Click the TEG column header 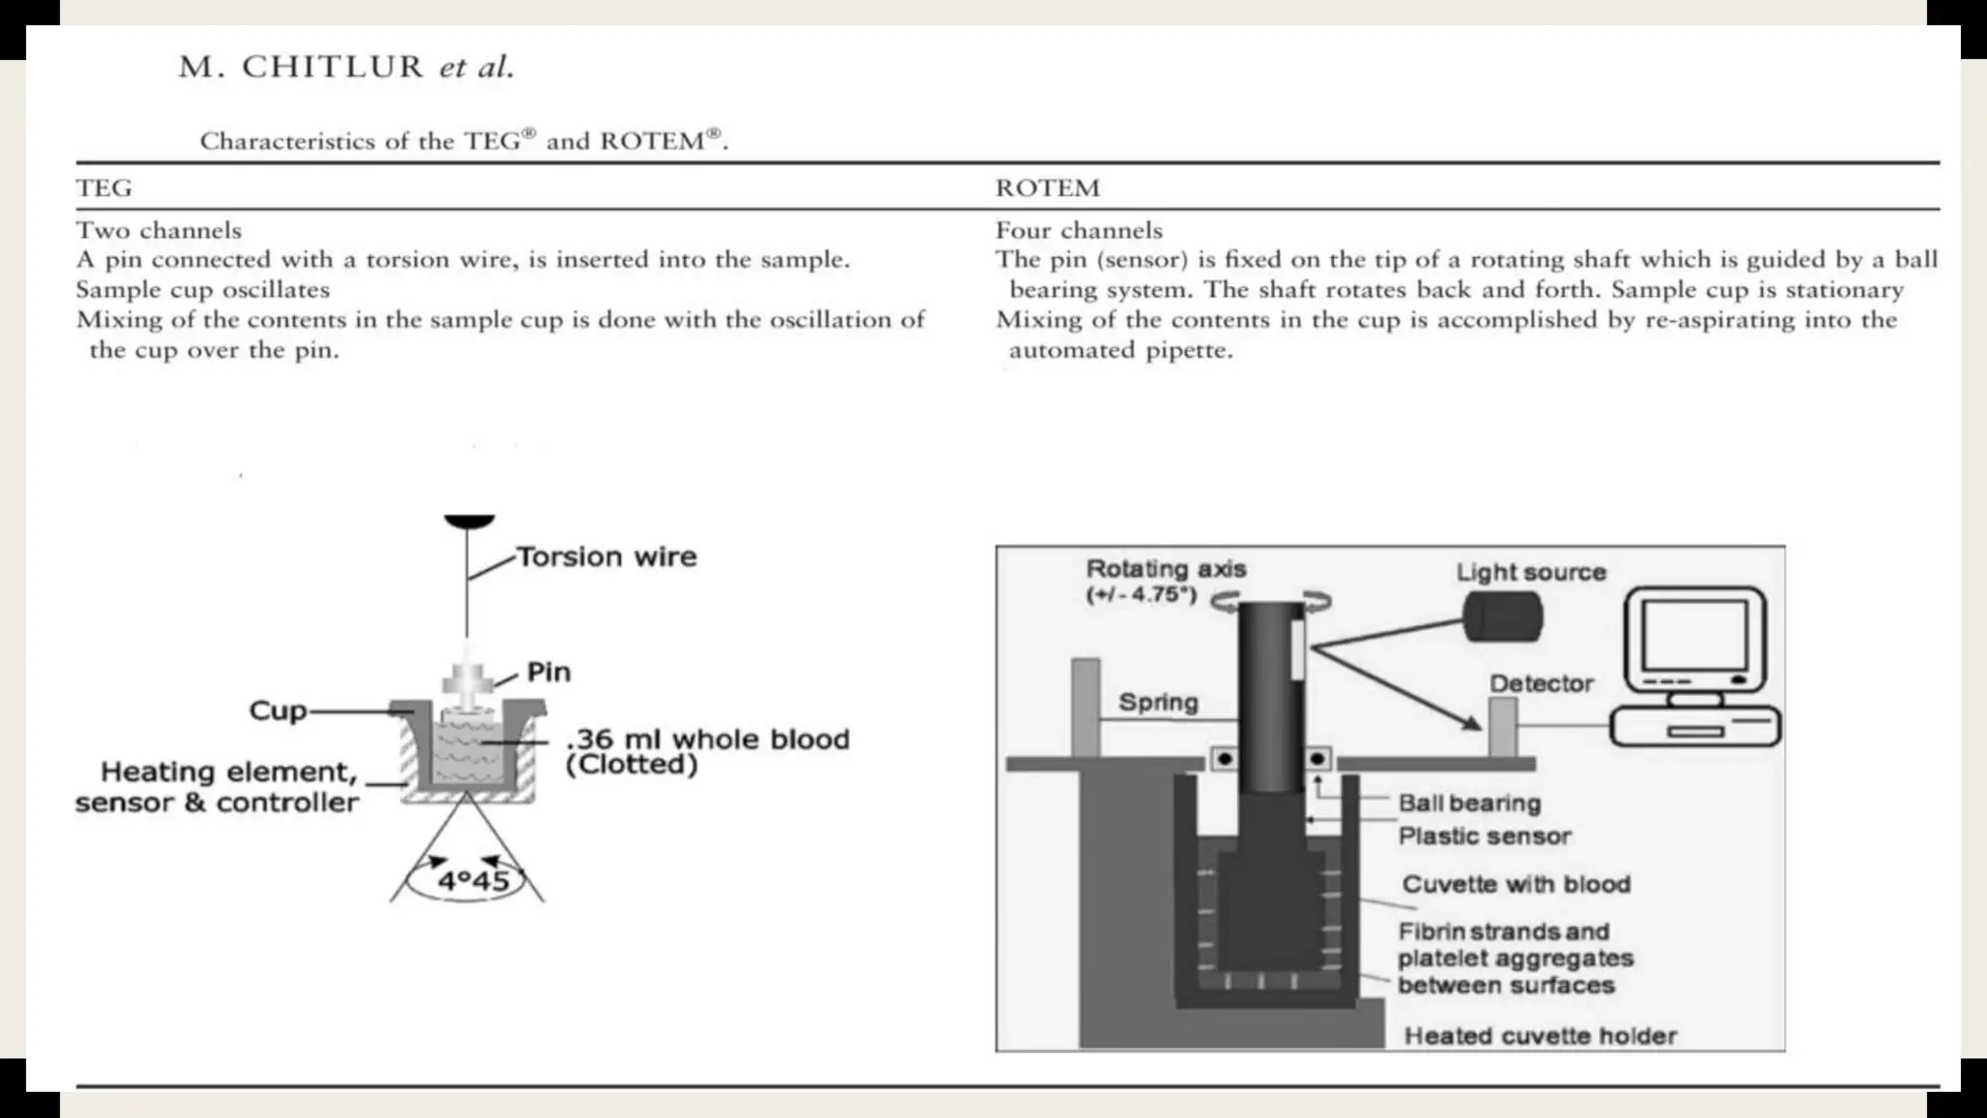coord(104,188)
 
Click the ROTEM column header coord(1048,188)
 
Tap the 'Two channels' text coord(159,231)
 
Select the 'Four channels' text coord(1079,231)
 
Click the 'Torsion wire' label coord(606,557)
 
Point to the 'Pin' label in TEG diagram coord(548,673)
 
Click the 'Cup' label coord(277,710)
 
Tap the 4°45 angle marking coord(473,881)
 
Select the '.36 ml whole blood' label coord(707,740)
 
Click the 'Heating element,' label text coord(229,773)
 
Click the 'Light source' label coord(1531,573)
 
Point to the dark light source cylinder coord(1503,616)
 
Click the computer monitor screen coord(1694,636)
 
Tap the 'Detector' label coord(1542,684)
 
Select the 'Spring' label coord(1158,703)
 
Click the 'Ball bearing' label coord(1469,804)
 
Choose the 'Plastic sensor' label coord(1484,837)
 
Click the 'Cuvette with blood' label coord(1515,885)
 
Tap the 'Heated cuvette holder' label coord(1541,1036)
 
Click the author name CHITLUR coord(333,67)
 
